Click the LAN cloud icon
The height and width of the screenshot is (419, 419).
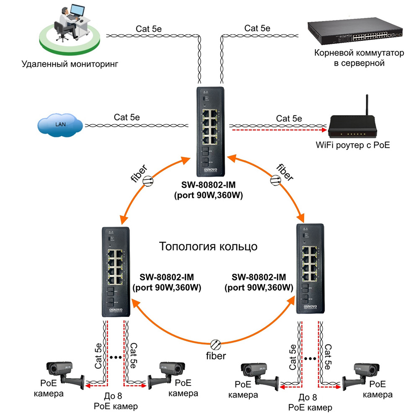(x=60, y=124)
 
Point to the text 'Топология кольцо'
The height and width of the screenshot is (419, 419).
(x=208, y=246)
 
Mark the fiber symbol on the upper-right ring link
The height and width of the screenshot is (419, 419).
(x=274, y=180)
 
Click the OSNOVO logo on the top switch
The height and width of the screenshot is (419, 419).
(x=211, y=168)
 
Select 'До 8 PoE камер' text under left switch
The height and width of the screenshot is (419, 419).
(x=116, y=402)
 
